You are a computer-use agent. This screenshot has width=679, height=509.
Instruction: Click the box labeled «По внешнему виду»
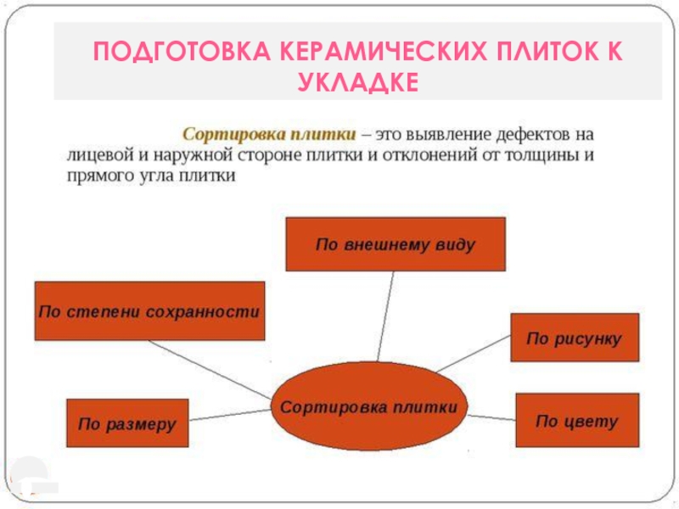coord(395,244)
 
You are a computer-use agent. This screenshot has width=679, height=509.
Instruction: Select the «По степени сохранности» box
coord(149,311)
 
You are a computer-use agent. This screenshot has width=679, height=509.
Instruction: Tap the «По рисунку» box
coord(574,338)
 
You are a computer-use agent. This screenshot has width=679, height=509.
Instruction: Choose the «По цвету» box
coord(576,421)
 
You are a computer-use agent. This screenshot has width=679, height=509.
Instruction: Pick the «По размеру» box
coord(126,422)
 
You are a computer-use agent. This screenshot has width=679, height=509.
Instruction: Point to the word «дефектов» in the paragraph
coord(537,135)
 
